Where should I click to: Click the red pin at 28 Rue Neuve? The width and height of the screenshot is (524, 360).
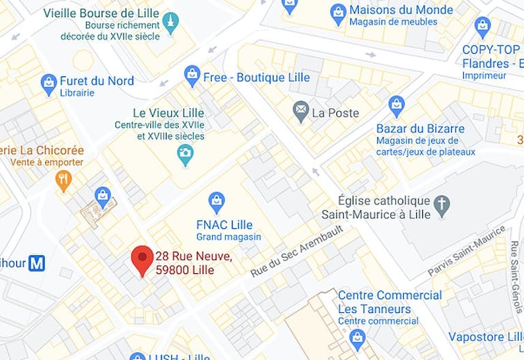click(142, 258)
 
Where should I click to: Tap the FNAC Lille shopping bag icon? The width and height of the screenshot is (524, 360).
click(216, 200)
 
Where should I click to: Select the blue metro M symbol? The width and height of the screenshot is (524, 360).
click(37, 262)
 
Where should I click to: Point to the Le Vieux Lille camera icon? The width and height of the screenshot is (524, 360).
click(184, 155)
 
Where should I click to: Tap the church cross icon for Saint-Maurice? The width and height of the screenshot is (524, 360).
click(442, 204)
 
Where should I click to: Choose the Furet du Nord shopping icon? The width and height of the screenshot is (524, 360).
click(48, 85)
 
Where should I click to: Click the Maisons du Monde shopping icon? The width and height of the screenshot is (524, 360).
click(338, 12)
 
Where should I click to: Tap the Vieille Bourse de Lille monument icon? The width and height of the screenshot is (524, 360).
click(171, 22)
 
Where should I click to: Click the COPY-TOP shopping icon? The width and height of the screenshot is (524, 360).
click(483, 27)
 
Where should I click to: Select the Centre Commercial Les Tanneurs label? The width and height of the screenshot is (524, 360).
click(390, 302)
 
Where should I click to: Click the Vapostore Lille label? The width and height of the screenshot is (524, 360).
click(485, 337)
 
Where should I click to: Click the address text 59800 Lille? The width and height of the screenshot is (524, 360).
click(184, 270)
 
